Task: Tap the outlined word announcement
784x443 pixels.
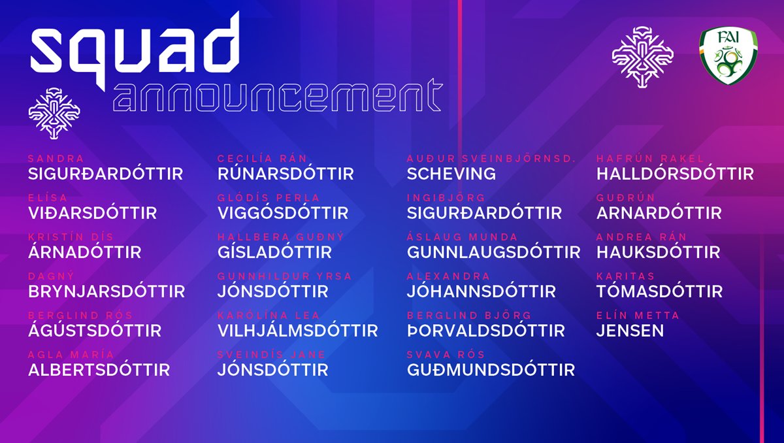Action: pyautogui.click(x=278, y=95)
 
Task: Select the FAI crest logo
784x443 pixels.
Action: pyautogui.click(x=728, y=56)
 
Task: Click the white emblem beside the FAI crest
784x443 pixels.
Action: pyautogui.click(x=643, y=57)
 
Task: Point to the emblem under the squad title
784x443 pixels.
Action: pyautogui.click(x=54, y=114)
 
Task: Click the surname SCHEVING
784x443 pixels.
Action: pyautogui.click(x=451, y=174)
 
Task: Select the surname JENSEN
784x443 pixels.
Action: pyautogui.click(x=630, y=331)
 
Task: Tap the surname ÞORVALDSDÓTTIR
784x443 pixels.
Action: pyautogui.click(x=486, y=331)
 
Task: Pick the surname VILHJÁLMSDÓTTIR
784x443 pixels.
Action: pyautogui.click(x=297, y=331)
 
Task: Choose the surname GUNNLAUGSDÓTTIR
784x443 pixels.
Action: pyautogui.click(x=493, y=252)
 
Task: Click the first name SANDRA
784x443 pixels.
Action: pyautogui.click(x=56, y=159)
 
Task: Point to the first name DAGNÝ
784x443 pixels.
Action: pyautogui.click(x=51, y=276)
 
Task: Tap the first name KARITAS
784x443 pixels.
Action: pyautogui.click(x=625, y=276)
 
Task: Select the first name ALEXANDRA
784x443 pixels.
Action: pyautogui.click(x=448, y=276)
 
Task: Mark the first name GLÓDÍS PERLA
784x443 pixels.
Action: pyautogui.click(x=269, y=198)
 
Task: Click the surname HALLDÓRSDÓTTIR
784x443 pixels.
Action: pyautogui.click(x=675, y=174)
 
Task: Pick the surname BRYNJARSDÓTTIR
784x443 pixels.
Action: pyautogui.click(x=106, y=291)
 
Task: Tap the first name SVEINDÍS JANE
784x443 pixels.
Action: pyautogui.click(x=271, y=355)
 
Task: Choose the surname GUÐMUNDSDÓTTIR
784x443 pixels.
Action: pyautogui.click(x=491, y=370)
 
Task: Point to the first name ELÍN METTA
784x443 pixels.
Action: pyautogui.click(x=638, y=316)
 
